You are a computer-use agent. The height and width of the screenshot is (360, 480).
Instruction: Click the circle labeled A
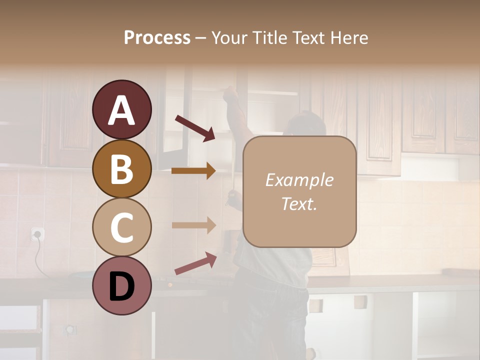coord(121,109)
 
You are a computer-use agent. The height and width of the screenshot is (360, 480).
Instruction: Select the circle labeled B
coord(121,168)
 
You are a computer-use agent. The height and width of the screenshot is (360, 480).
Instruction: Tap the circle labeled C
coord(121,227)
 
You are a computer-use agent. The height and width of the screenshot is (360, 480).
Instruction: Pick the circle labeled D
coord(121,285)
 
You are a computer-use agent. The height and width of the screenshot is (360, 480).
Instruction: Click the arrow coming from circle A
coord(195,128)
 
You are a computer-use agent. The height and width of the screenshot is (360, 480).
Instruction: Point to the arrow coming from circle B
coord(193,171)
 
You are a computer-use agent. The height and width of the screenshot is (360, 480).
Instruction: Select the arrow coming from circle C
coord(193,225)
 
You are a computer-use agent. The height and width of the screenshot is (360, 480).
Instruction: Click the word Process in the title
coord(157,38)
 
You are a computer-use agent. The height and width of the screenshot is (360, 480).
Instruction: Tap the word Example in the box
coord(299,180)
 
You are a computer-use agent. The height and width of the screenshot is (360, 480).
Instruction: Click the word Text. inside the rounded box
coord(299,203)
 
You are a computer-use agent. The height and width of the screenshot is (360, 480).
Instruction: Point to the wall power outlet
coord(37,233)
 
